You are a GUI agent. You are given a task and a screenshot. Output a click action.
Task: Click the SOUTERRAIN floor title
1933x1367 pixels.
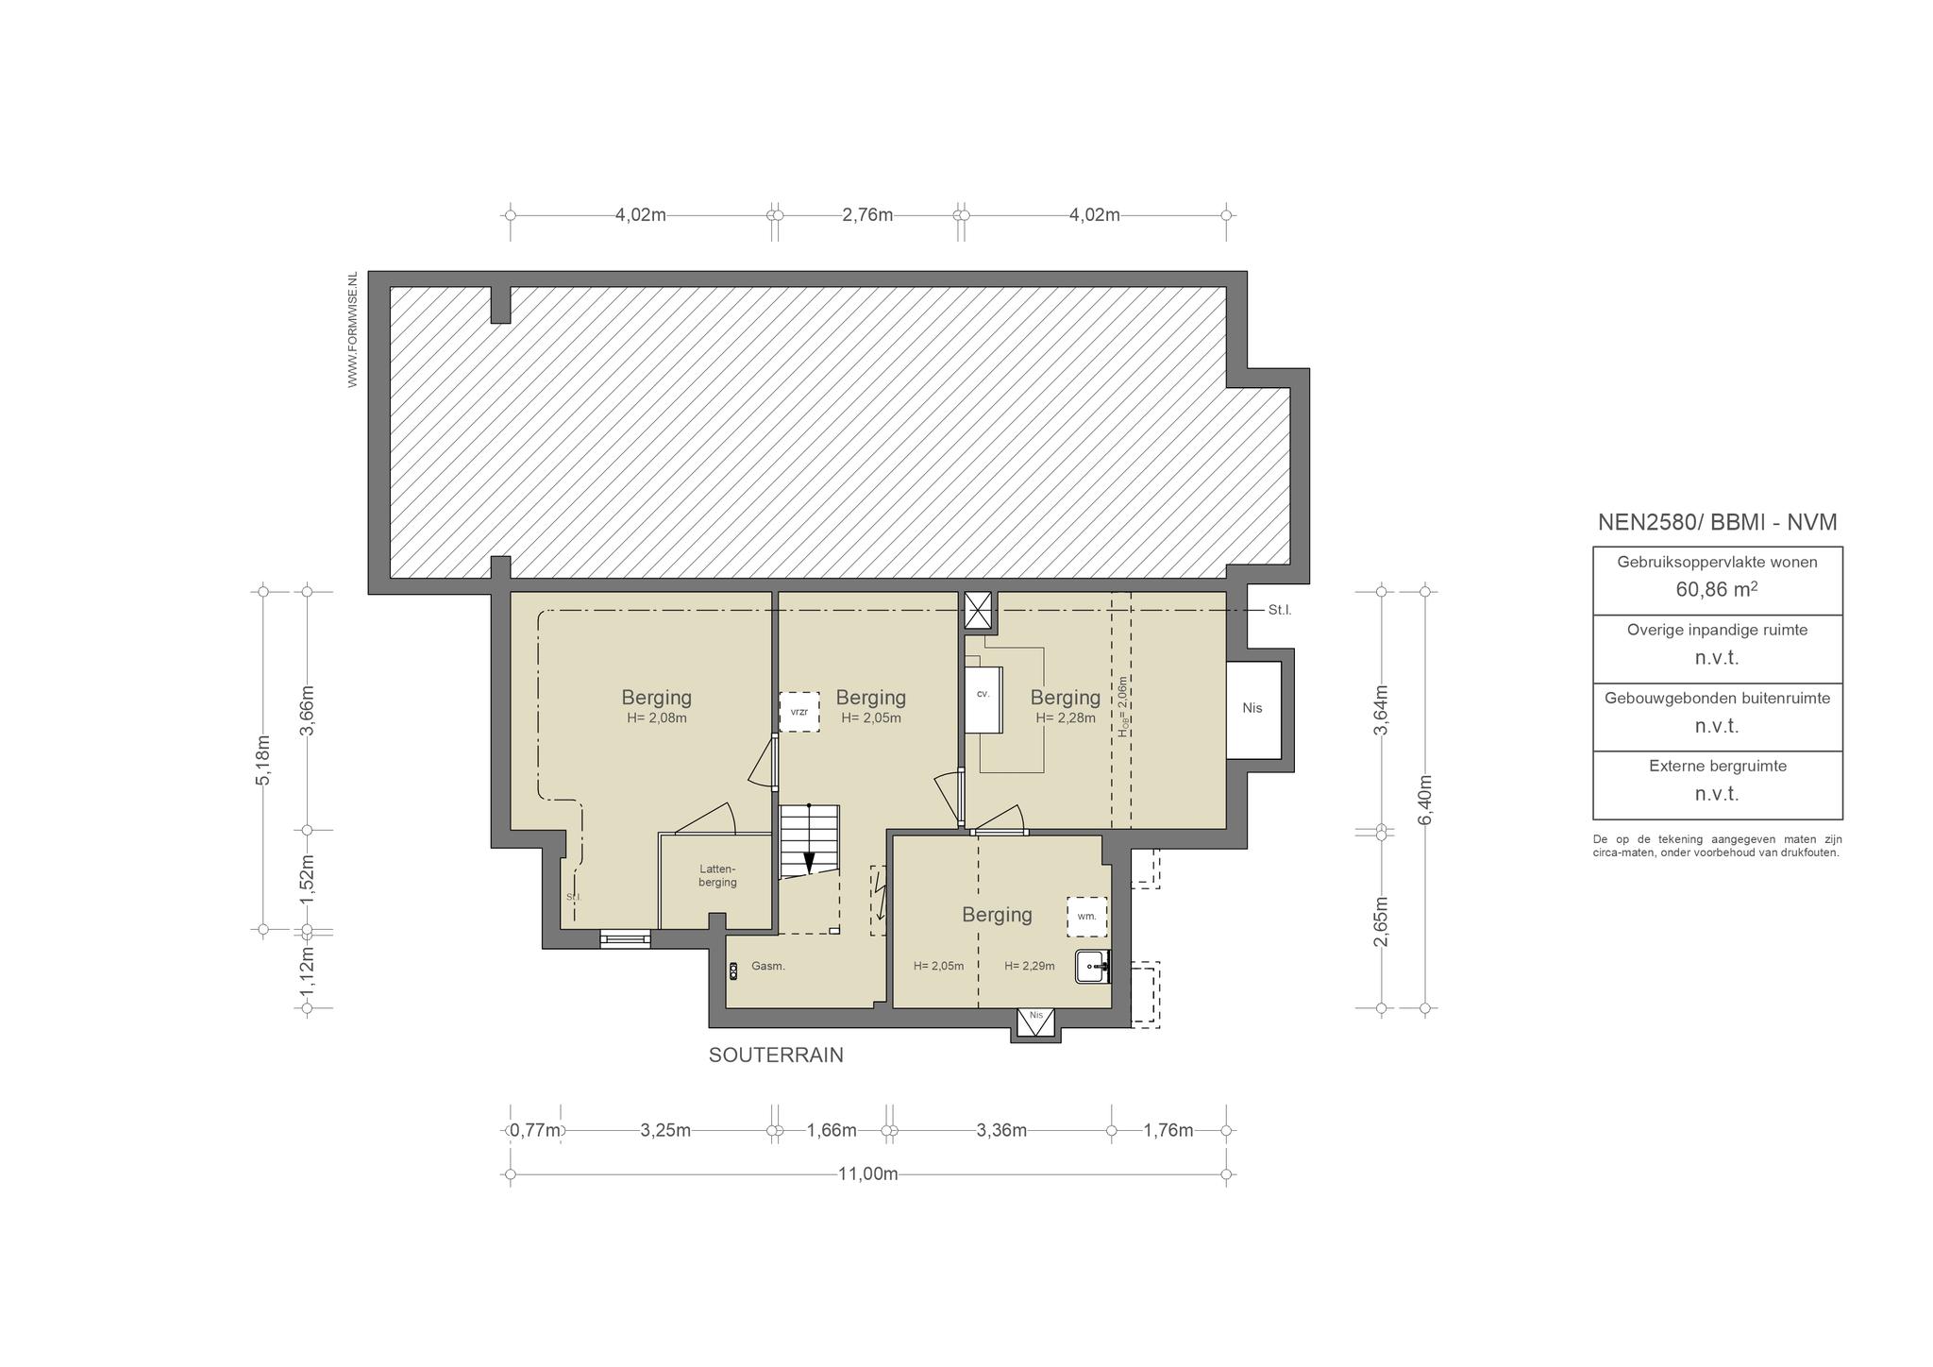point(776,1055)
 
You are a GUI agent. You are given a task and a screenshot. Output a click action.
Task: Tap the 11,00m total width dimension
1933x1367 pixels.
point(868,1174)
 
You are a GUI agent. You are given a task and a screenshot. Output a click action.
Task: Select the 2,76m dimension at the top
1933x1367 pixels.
point(867,215)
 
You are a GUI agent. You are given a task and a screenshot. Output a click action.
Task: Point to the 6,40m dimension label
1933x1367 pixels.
point(1425,800)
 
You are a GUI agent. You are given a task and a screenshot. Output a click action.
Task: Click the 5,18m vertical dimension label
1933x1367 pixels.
point(263,759)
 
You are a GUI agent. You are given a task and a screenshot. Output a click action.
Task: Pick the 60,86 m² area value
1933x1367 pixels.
point(1717,590)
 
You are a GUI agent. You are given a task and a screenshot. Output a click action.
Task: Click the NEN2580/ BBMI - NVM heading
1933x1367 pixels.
point(1717,522)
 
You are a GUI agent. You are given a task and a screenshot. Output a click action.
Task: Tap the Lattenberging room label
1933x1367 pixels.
point(717,876)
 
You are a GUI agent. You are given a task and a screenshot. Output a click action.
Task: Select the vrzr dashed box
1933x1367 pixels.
point(799,713)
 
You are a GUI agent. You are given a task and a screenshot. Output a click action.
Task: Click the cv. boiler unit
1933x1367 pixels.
point(983,699)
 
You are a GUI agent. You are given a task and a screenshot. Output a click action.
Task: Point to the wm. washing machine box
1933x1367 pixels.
point(1087,917)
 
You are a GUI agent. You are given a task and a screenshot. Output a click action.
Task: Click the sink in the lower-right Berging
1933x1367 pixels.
point(1093,967)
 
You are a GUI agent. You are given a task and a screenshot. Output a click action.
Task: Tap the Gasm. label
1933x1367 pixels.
point(768,967)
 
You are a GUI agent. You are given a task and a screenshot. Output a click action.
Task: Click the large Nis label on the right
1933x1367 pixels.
point(1252,709)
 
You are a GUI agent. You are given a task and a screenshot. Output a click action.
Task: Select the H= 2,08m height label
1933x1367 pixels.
point(657,718)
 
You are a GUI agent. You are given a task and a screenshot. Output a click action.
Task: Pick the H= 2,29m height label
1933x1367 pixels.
point(1030,966)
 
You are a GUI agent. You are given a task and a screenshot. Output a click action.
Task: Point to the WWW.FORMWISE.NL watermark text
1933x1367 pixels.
point(352,329)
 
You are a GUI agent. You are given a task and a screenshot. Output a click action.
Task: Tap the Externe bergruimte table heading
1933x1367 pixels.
point(1718,767)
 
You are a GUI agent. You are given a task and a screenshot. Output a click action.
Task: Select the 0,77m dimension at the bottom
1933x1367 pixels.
point(536,1131)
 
